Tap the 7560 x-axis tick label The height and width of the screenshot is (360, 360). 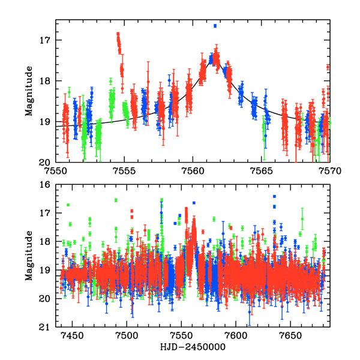point(193,170)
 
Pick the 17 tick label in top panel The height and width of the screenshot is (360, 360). point(46,40)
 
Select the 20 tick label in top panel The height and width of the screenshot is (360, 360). point(46,162)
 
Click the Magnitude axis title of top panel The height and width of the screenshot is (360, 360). point(28,91)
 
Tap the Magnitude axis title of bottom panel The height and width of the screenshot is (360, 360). point(28,256)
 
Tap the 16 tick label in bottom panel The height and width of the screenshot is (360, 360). point(46,185)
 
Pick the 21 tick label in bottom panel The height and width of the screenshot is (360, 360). point(46,327)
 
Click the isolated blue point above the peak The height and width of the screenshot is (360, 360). point(215,26)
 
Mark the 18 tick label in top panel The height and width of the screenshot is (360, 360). point(46,81)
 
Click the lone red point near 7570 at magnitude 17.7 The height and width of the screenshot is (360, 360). point(328,67)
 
